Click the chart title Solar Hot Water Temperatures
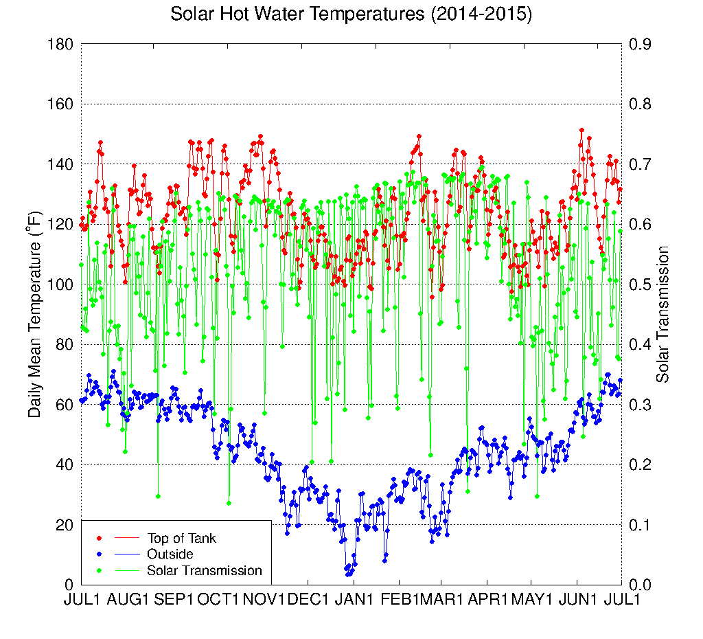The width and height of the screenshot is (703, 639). pos(351,14)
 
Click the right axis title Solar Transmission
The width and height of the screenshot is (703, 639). pos(663,314)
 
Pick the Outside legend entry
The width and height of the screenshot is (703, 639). pos(170,554)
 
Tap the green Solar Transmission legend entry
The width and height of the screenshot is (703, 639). pos(204,570)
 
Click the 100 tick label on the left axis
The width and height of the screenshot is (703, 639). pos(60,284)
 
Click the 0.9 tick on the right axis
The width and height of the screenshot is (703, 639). pos(641,44)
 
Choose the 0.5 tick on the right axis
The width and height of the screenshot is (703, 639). pos(641,284)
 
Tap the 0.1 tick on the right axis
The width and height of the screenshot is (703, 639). pos(641,525)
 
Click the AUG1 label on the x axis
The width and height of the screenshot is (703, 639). pos(129,599)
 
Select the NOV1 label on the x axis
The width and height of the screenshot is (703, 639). pos(264,599)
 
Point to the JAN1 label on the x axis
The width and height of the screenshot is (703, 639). pos(354,599)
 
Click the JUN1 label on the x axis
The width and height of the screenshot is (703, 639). pos(578,599)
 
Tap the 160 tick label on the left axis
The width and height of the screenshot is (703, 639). pos(60,104)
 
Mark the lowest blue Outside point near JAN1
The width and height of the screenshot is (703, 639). pos(347,574)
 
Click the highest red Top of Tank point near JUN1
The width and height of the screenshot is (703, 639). pos(581,130)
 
